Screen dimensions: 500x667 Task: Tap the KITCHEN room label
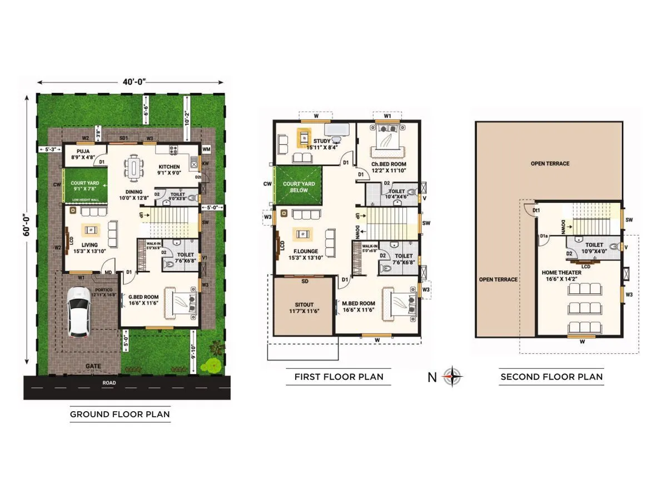pos(170,167)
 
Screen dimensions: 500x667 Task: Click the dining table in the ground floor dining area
pos(134,168)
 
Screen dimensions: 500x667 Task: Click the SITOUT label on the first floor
pos(303,305)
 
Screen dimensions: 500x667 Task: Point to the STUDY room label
pos(321,141)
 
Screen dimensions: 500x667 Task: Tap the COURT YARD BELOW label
pos(299,187)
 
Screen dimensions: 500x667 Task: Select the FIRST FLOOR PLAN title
pos(339,377)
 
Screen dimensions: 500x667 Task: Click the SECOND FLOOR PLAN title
pos(551,377)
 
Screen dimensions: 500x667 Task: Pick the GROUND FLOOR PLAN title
pos(120,414)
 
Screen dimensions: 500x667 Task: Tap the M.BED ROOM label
pos(359,303)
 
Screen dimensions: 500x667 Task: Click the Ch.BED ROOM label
pos(389,164)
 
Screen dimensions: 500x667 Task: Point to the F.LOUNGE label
pos(306,251)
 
